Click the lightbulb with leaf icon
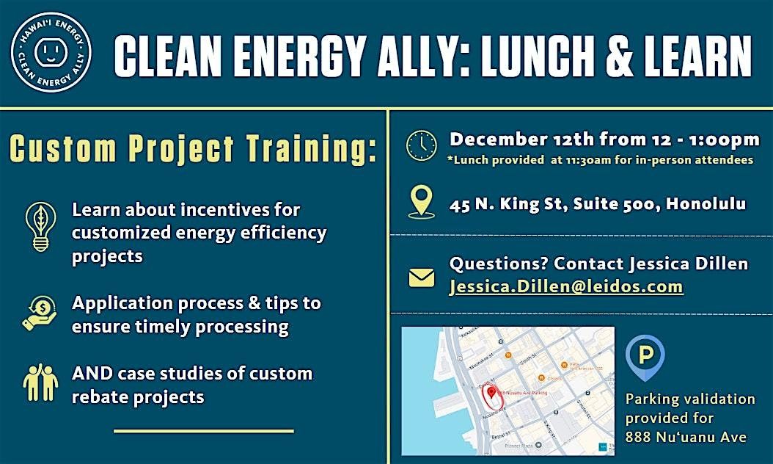click(40, 225)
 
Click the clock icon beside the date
click(421, 146)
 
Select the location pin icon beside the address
click(421, 202)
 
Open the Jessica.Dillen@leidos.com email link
click(566, 286)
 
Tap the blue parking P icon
click(645, 357)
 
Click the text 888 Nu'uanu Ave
click(686, 437)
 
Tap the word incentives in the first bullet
click(223, 210)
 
